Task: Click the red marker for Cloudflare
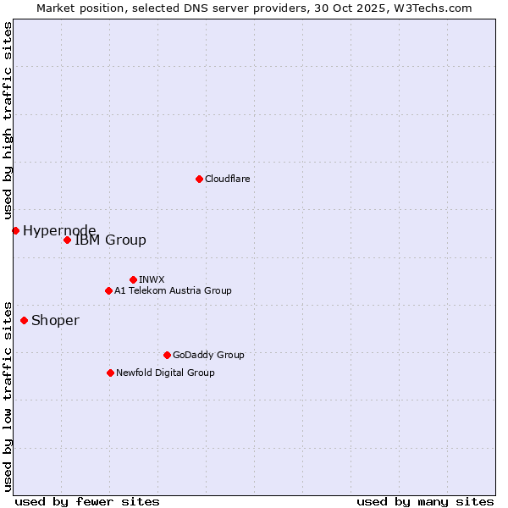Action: pyautogui.click(x=199, y=179)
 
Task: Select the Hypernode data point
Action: pyautogui.click(x=15, y=230)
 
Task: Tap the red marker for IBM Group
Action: pyautogui.click(x=67, y=240)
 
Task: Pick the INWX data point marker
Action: pyautogui.click(x=133, y=279)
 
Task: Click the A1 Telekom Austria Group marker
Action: pyautogui.click(x=108, y=290)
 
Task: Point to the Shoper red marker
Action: pyautogui.click(x=24, y=320)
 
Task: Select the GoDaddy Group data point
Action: pyautogui.click(x=167, y=355)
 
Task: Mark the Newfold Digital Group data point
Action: pyautogui.click(x=110, y=373)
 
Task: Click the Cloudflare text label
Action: pyautogui.click(x=227, y=179)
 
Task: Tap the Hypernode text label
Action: pyautogui.click(x=59, y=230)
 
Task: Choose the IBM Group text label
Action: pyautogui.click(x=110, y=240)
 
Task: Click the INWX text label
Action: pyautogui.click(x=152, y=279)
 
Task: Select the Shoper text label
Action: pyautogui.click(x=55, y=320)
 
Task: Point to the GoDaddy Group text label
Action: pyautogui.click(x=208, y=355)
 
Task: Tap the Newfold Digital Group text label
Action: pyautogui.click(x=165, y=373)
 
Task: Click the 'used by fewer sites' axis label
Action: pyautogui.click(x=87, y=501)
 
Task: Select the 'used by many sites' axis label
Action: pyautogui.click(x=425, y=501)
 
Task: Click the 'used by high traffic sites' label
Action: pyautogui.click(x=8, y=121)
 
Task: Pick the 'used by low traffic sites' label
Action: pyautogui.click(x=8, y=395)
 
